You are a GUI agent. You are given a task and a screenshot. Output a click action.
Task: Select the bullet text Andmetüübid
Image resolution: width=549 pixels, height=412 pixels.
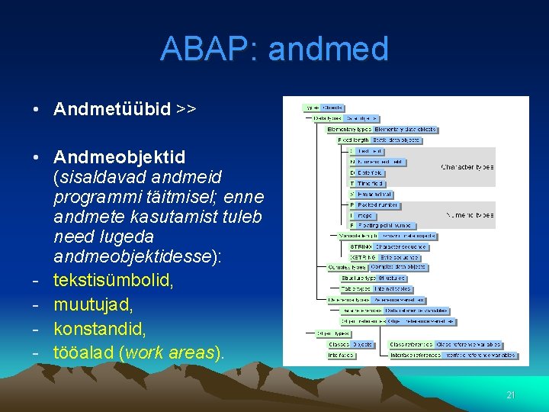coord(112,109)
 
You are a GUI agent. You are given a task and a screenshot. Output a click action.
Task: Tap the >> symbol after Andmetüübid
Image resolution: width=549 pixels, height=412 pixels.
coord(186,109)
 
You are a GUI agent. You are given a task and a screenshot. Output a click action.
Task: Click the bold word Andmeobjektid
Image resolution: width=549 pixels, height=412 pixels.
coord(119,157)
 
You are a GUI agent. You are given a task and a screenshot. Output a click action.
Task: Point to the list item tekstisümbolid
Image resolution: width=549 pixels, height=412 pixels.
coord(114,280)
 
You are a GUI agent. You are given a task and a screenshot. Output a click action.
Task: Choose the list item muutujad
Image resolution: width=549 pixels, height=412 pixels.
coord(93,304)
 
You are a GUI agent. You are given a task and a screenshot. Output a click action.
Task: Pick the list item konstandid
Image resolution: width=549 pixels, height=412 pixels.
coord(102,329)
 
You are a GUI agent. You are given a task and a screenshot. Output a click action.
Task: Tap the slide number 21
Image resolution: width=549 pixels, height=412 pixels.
coord(511,395)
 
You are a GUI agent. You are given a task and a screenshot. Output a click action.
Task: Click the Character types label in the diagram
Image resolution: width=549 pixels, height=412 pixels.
coord(467,167)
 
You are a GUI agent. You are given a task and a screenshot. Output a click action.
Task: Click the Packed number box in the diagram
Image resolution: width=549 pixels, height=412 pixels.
coord(378,205)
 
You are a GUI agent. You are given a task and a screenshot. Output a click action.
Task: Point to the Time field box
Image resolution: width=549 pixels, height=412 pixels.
coord(371,183)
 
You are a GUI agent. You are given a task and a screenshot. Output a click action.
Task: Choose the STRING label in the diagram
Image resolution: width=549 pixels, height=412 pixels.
coord(361,246)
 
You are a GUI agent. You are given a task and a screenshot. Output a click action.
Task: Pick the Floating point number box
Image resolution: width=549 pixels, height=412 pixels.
coord(385,226)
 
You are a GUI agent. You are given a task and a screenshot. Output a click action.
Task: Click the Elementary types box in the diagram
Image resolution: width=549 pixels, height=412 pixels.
coord(349,130)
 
